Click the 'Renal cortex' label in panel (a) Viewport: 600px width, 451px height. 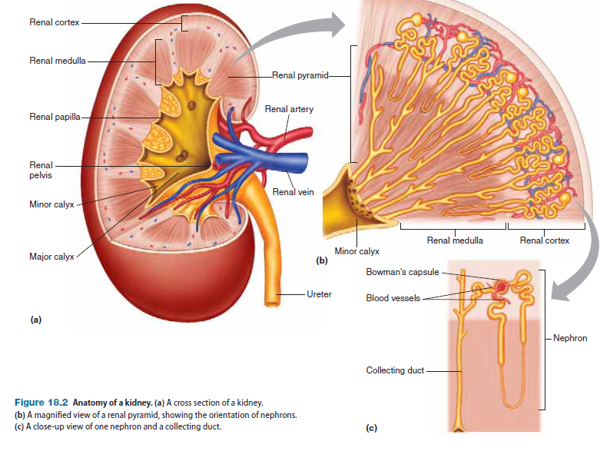point(53,22)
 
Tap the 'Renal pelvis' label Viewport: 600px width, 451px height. point(41,170)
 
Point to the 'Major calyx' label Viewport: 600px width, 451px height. point(51,257)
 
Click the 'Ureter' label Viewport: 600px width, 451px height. point(319,294)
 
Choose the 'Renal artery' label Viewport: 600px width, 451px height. point(289,109)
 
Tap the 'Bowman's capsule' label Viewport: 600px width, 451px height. point(403,273)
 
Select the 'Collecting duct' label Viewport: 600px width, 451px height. point(395,370)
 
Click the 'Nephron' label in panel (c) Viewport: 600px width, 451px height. point(569,338)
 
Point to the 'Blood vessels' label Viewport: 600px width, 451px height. point(393,298)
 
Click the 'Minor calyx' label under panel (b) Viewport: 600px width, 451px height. point(357,251)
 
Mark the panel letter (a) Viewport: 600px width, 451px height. point(35,320)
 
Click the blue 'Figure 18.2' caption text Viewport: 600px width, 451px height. point(40,403)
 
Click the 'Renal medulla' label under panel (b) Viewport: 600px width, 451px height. point(455,240)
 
